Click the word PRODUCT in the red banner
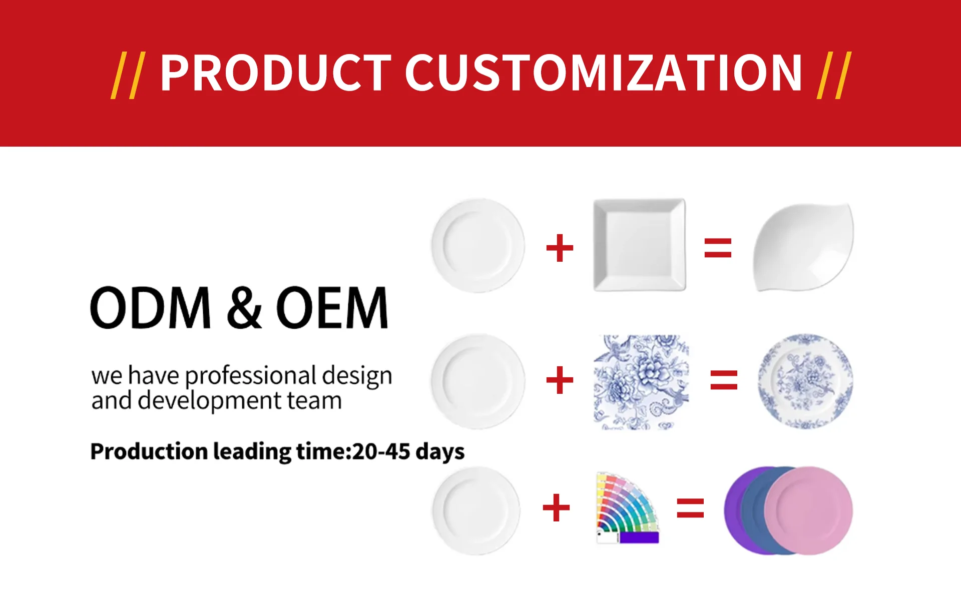275,73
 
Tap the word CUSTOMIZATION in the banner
604,73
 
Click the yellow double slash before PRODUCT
128,75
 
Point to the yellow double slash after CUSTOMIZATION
834,75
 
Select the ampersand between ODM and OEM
244,307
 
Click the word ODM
150,307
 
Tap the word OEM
332,307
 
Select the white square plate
640,245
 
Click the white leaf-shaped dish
804,247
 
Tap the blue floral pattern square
641,382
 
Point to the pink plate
808,510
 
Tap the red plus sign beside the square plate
560,248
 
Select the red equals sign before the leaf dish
718,248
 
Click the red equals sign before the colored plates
690,508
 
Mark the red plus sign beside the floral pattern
560,380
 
